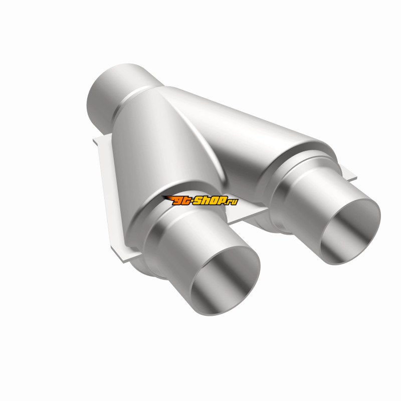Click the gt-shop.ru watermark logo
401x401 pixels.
(200, 200)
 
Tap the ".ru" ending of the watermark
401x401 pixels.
(233, 202)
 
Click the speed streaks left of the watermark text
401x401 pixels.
(167, 198)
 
